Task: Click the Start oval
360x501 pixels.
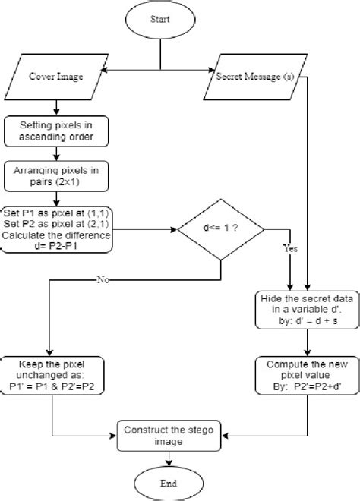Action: pyautogui.click(x=160, y=20)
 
